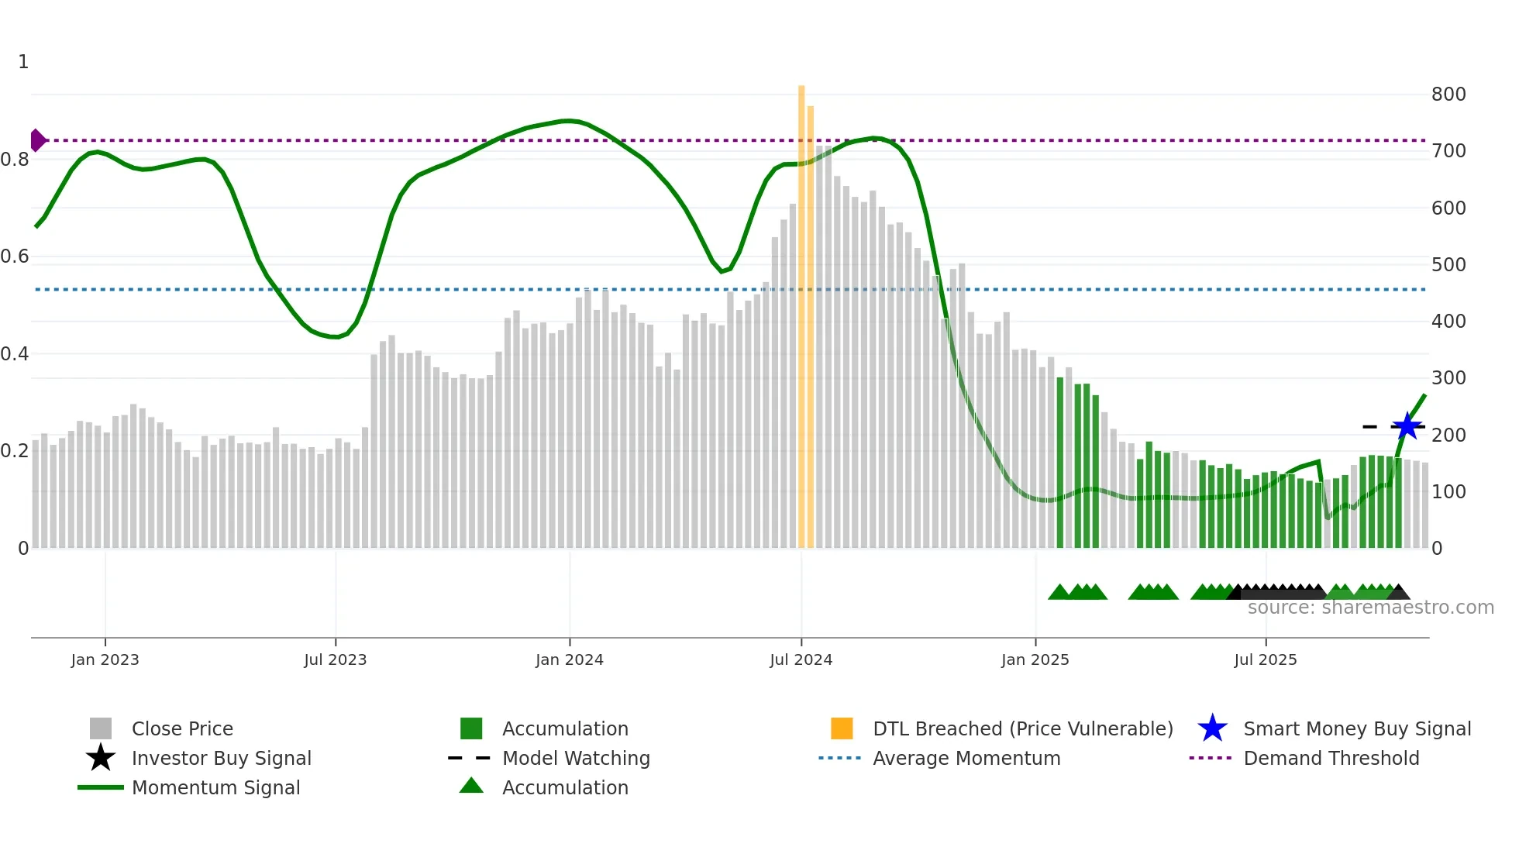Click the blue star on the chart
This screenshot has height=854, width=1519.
pyautogui.click(x=1407, y=426)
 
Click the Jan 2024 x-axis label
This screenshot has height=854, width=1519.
pyautogui.click(x=569, y=659)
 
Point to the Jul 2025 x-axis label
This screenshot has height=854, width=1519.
pyautogui.click(x=1265, y=659)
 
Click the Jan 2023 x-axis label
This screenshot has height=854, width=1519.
pyautogui.click(x=105, y=659)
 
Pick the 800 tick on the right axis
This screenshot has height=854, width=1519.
pyautogui.click(x=1448, y=95)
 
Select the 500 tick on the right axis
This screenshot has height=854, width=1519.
pyautogui.click(x=1448, y=265)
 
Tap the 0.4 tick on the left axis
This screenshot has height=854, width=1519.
pyautogui.click(x=15, y=354)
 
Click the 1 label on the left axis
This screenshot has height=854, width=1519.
pyautogui.click(x=23, y=62)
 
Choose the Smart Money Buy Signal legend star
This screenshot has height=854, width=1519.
pyautogui.click(x=1212, y=728)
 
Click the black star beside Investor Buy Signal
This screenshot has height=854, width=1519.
pyautogui.click(x=101, y=758)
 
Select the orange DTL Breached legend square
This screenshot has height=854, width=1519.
pyautogui.click(x=842, y=728)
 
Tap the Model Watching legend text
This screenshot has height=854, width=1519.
pyautogui.click(x=576, y=758)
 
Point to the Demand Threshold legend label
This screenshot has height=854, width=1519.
pyautogui.click(x=1331, y=758)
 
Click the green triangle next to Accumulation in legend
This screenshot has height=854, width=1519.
pyautogui.click(x=471, y=786)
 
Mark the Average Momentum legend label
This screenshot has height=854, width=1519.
pyautogui.click(x=966, y=758)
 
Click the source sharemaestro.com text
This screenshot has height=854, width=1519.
pyautogui.click(x=1370, y=608)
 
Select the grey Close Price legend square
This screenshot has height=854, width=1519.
pyautogui.click(x=101, y=728)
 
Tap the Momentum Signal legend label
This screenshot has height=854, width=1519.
pyautogui.click(x=215, y=787)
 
